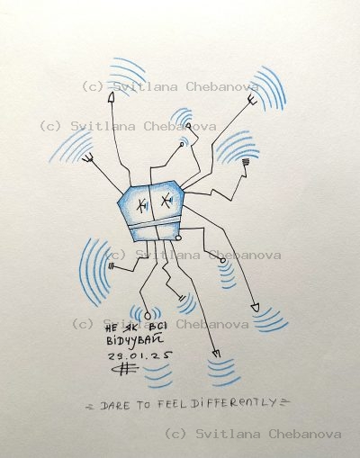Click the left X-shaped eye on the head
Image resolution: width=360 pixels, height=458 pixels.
pos(140,206)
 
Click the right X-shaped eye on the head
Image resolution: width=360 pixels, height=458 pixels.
pos(166,205)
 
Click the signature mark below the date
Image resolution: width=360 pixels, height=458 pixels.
pos(143,372)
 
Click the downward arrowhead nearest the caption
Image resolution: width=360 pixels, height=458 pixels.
pos(217,354)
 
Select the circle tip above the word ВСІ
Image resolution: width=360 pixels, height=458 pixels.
pos(146,315)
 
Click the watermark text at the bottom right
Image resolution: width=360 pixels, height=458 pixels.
pos(253,434)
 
